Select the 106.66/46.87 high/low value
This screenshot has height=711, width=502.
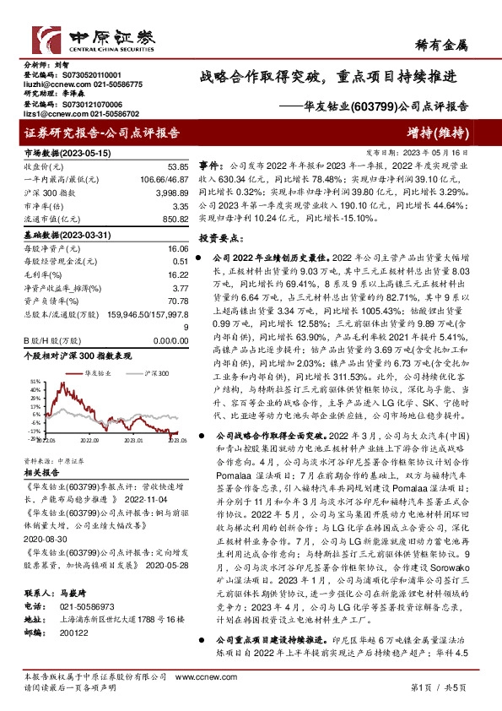pyautogui.click(x=165, y=180)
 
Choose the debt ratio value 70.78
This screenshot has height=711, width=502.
pyautogui.click(x=175, y=300)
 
